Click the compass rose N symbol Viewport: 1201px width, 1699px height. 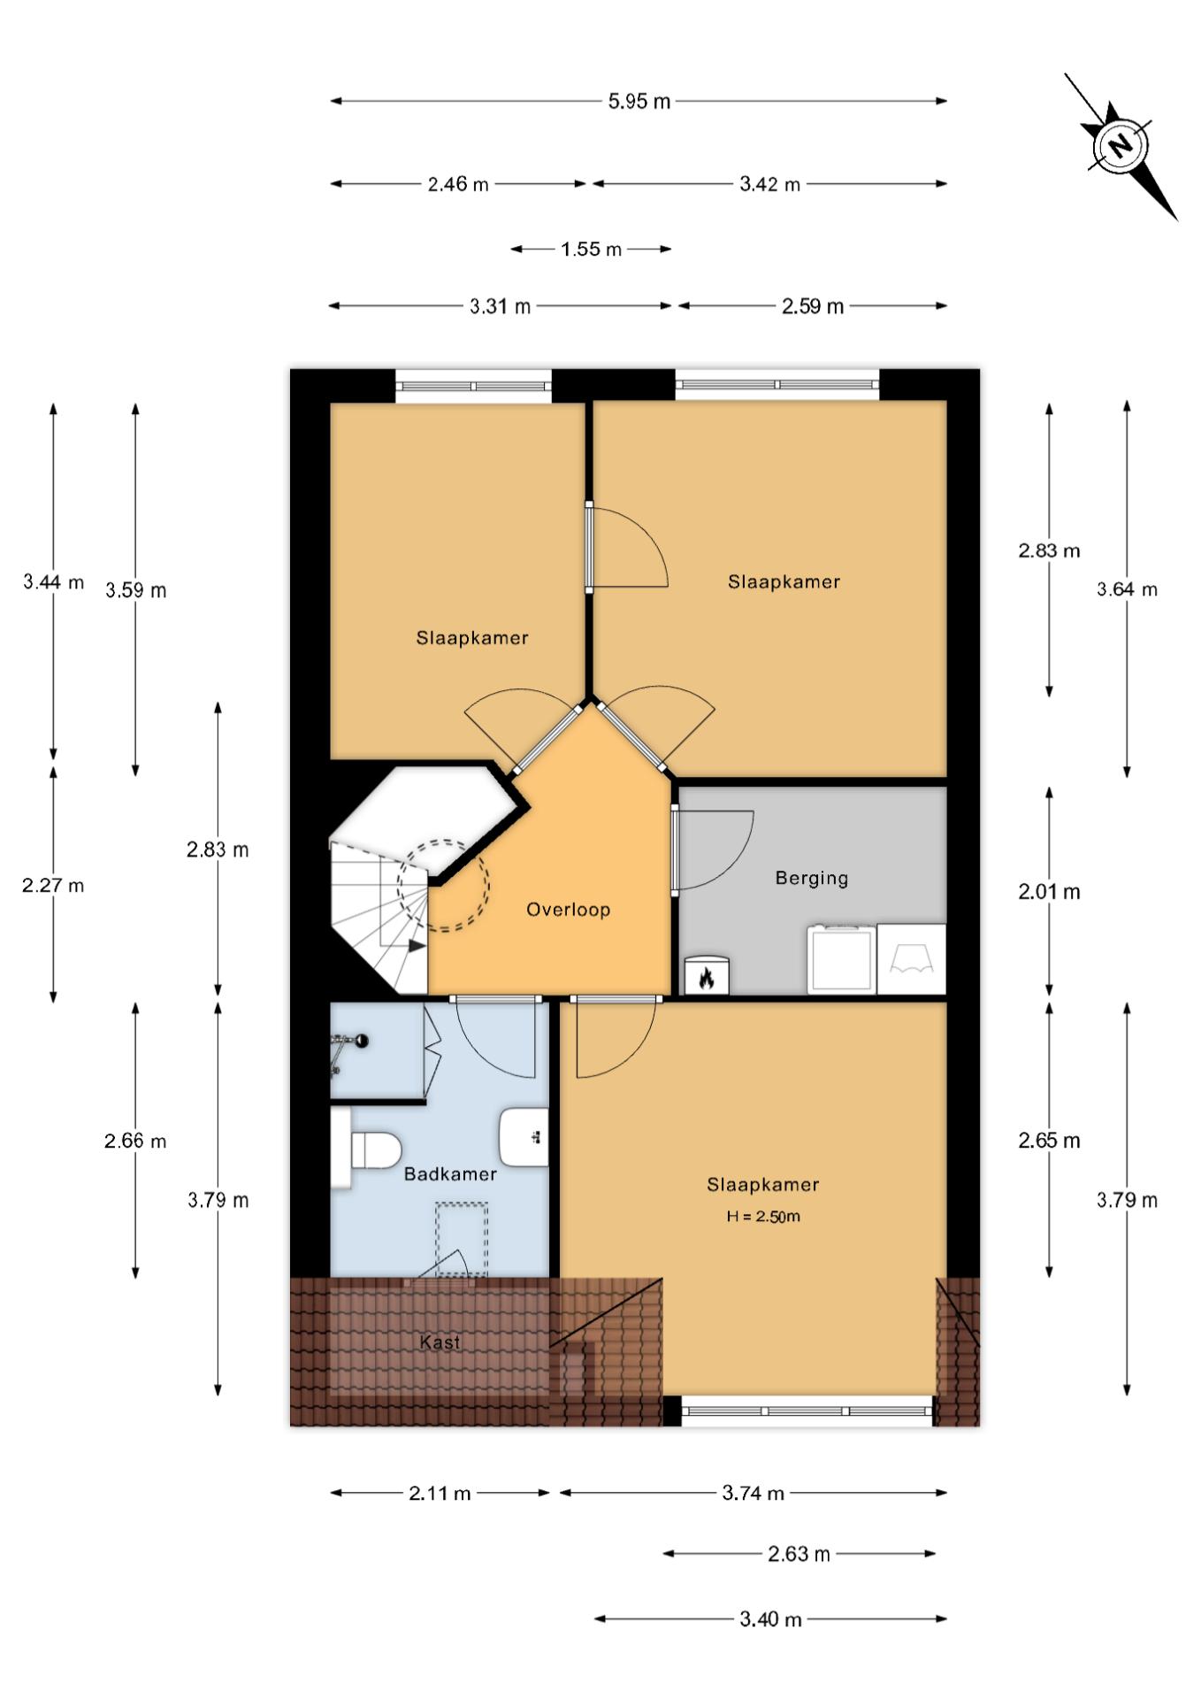[x=1121, y=146]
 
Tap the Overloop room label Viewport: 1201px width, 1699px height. [x=568, y=910]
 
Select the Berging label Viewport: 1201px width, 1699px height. [x=811, y=878]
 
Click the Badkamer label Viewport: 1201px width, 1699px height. [x=450, y=1173]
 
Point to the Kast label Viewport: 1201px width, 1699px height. [x=440, y=1342]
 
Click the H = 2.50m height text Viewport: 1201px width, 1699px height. [x=763, y=1216]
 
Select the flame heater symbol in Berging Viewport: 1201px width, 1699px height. [x=707, y=976]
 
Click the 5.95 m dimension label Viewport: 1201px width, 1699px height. [x=639, y=101]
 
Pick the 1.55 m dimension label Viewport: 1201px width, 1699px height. [x=591, y=249]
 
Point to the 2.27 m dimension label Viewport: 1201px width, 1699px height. [x=53, y=885]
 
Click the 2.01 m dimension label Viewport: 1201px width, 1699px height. [x=1049, y=891]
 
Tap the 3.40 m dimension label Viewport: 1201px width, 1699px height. [x=770, y=1618]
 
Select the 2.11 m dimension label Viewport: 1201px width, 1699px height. [x=440, y=1493]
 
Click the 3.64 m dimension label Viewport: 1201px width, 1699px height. [x=1127, y=589]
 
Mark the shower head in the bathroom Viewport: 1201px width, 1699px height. [x=360, y=1041]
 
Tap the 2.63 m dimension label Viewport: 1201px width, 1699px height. [x=799, y=1554]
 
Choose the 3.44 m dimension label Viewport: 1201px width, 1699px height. [x=53, y=582]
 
